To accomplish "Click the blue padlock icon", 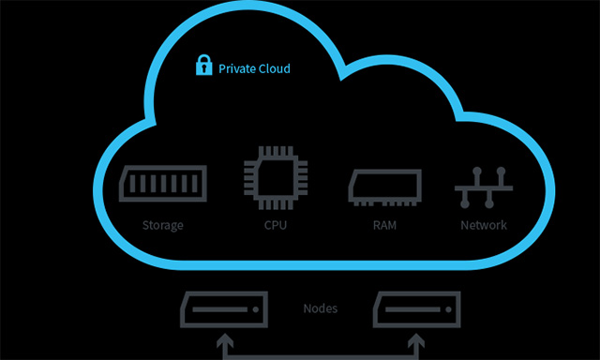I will [x=202, y=67].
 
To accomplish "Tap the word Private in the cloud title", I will [x=237, y=68].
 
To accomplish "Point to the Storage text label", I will [x=163, y=225].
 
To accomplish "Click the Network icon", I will [x=484, y=187].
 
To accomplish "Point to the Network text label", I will [x=484, y=225].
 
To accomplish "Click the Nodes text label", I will [x=322, y=308].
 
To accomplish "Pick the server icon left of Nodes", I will [x=222, y=309].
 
